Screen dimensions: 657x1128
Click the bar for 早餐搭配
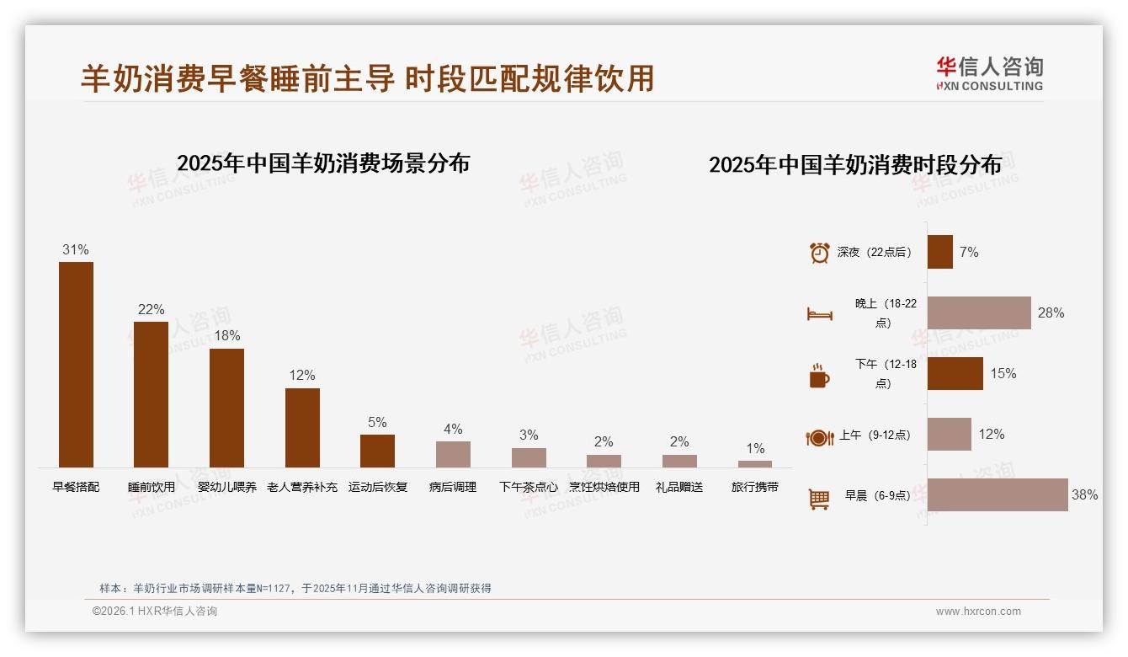pos(76,364)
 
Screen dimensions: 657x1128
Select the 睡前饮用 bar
pos(151,394)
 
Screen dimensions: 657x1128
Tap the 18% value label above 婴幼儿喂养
pos(226,335)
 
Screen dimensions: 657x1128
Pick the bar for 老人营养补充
pos(302,427)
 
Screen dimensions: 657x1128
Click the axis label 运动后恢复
pos(378,487)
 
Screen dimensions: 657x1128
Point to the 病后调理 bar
pos(453,454)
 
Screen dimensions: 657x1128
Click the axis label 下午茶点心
pos(528,487)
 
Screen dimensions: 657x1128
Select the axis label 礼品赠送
pos(679,487)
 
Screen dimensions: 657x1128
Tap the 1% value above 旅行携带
pos(755,449)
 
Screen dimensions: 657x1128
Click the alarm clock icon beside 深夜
pos(819,253)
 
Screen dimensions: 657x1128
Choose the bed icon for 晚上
pos(819,314)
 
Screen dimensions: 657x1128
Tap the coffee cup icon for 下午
pos(819,376)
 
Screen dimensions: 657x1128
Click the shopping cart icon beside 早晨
pos(819,499)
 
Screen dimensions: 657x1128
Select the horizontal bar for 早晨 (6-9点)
pos(998,495)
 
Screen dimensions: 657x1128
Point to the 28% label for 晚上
pos(1051,313)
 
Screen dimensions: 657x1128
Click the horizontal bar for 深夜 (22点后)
pos(940,252)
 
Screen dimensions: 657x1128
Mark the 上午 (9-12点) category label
pos(875,435)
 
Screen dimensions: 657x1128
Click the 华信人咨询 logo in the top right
pos(989,73)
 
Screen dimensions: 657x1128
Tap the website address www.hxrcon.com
pos(978,612)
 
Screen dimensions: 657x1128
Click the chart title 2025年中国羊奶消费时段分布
pos(855,164)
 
